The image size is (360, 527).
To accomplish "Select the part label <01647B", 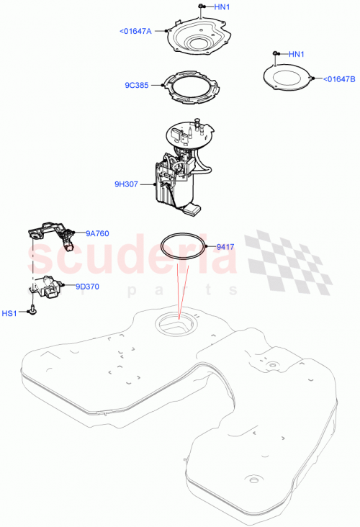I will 339,79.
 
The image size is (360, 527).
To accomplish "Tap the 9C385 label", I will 136,85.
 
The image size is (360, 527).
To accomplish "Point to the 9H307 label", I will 126,184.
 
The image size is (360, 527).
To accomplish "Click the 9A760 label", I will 97,233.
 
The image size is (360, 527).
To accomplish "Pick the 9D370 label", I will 87,285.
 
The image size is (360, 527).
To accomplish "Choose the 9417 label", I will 227,246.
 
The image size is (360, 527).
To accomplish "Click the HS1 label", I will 9,313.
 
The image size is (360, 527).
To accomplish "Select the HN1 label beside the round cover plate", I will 297,54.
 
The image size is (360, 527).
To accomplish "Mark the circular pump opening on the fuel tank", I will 176,326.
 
